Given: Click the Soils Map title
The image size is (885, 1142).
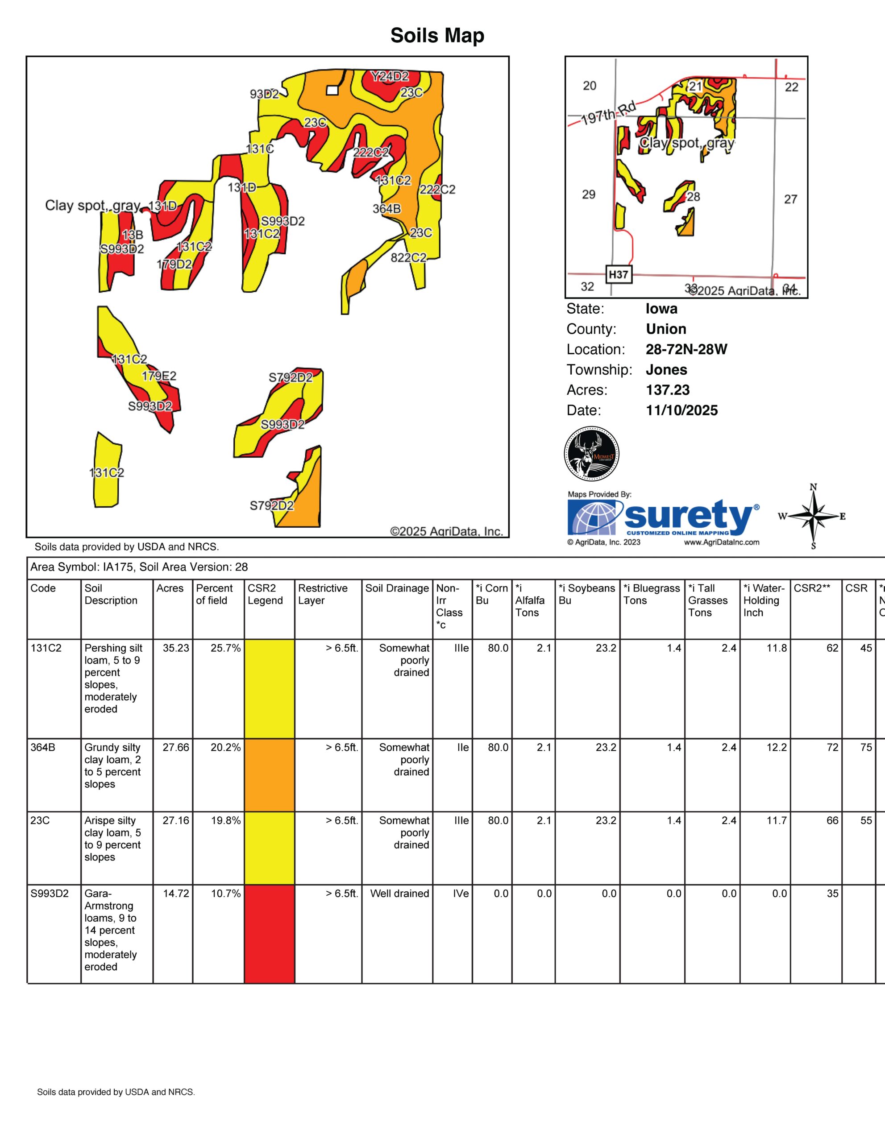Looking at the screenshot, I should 437,36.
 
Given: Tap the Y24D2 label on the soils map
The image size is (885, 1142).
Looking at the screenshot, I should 390,76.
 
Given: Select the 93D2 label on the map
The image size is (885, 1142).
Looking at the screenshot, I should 264,94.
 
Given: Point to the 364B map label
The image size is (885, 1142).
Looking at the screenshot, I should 386,209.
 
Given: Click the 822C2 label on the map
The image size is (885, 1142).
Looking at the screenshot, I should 408,257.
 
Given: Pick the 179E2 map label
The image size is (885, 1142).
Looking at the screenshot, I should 159,376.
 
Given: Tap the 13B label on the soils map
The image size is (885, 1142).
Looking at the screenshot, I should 133,235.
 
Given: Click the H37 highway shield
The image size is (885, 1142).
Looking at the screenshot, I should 618,274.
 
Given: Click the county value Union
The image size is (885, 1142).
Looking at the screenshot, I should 666,329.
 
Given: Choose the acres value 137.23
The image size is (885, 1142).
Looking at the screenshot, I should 667,390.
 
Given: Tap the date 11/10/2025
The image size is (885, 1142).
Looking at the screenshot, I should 681,410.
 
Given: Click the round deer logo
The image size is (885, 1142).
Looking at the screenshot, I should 592,453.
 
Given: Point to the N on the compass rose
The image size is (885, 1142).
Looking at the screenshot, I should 813,487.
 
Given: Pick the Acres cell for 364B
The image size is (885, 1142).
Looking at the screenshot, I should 176,748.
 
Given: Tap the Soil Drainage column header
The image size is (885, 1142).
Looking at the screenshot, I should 397,588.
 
